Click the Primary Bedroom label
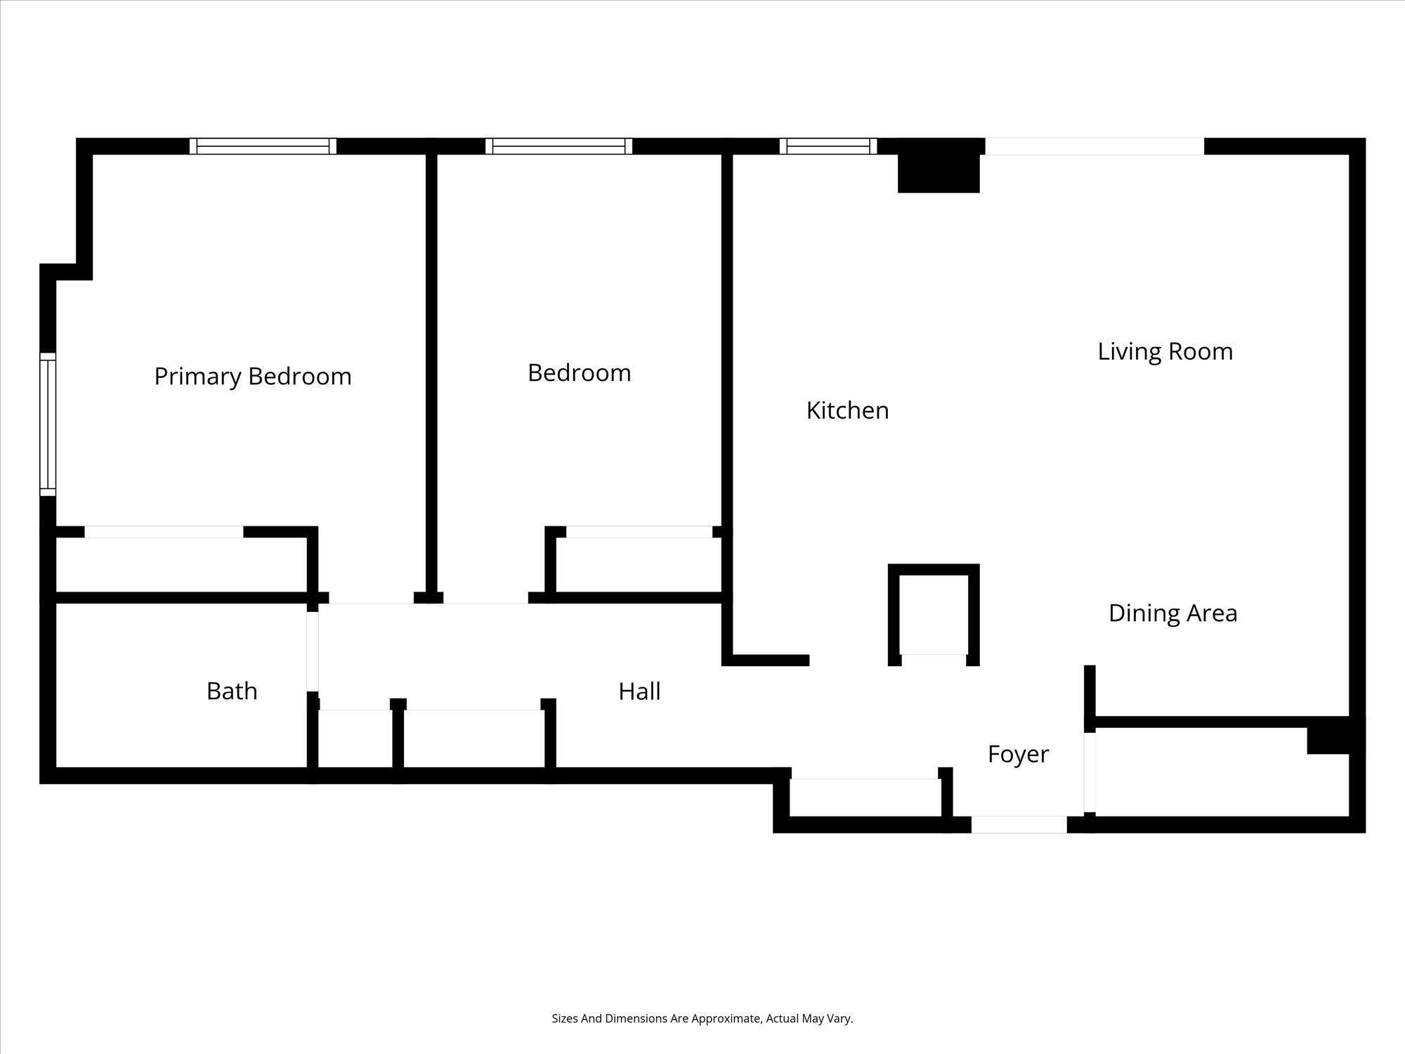(252, 377)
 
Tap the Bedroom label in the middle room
(579, 372)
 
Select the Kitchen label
(847, 410)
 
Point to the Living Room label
(1165, 351)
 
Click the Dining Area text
(1172, 613)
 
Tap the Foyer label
(1018, 754)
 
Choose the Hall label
(639, 691)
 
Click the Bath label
(232, 691)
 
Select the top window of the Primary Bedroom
(263, 146)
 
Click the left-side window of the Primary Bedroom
(47, 424)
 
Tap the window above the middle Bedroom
(558, 146)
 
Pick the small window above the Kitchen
(828, 146)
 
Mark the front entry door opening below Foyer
(1019, 825)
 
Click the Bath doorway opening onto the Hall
(313, 651)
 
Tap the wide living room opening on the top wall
(1094, 146)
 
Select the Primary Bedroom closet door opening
(164, 532)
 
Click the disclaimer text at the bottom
(702, 1018)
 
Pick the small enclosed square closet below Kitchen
(933, 613)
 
